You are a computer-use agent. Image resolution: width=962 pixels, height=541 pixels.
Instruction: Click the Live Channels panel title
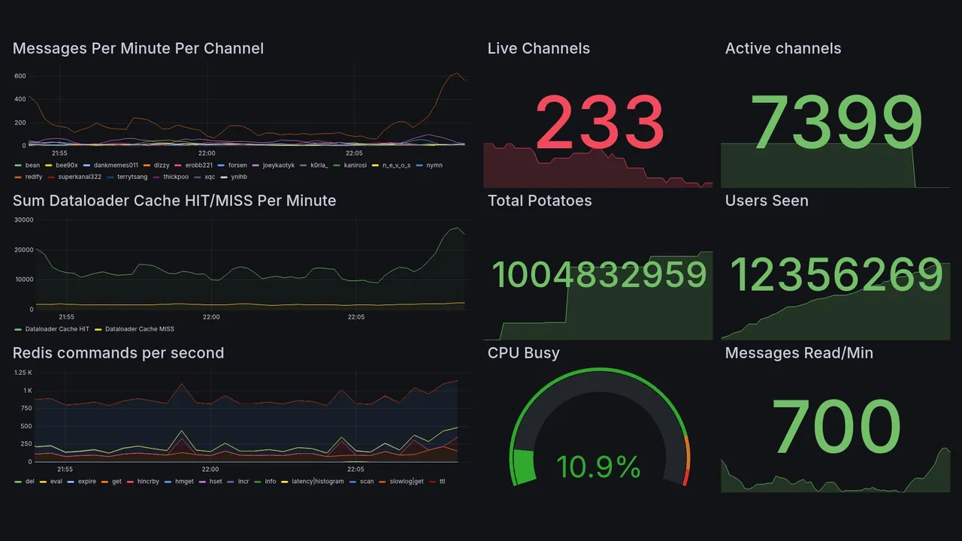(x=538, y=49)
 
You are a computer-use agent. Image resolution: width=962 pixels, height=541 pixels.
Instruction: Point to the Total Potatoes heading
(x=540, y=201)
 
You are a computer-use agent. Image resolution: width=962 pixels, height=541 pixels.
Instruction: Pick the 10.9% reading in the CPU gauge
(x=598, y=467)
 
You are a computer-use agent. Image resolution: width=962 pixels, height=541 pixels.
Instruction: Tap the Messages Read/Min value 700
(x=836, y=426)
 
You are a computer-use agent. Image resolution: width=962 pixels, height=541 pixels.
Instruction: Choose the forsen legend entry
(x=237, y=165)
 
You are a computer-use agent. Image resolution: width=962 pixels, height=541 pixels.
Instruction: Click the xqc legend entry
(x=210, y=177)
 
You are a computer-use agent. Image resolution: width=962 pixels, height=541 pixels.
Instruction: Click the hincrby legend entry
(x=148, y=481)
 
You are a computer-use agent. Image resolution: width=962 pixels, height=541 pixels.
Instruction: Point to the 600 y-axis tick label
(x=20, y=77)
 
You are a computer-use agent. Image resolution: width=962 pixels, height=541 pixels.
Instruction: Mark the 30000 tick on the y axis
(x=24, y=220)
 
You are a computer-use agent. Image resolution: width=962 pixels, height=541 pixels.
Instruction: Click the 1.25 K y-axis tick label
(x=23, y=373)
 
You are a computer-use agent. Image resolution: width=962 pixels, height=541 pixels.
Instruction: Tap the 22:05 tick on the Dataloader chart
(x=355, y=317)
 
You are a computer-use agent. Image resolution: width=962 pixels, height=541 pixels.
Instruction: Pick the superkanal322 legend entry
(x=80, y=177)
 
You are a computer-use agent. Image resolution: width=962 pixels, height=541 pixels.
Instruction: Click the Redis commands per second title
(x=118, y=353)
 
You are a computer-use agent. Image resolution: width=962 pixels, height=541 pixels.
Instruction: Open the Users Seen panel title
(x=767, y=201)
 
